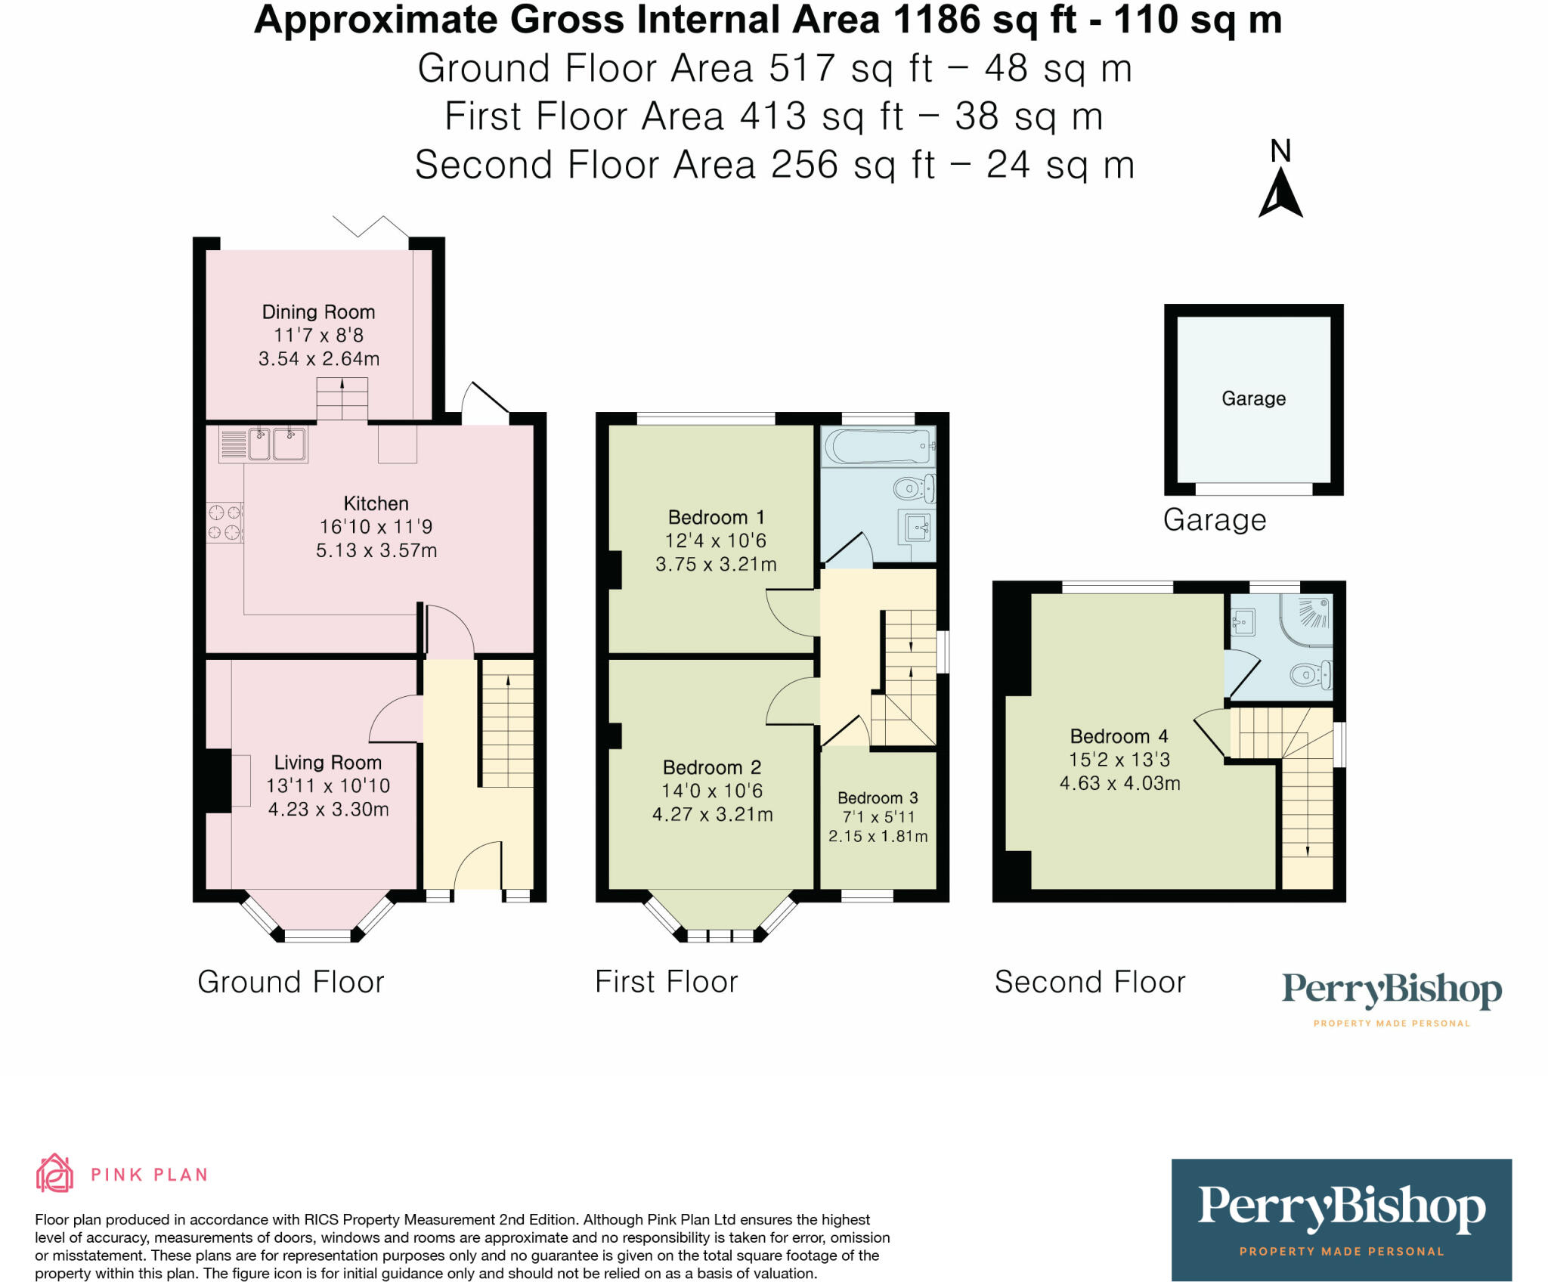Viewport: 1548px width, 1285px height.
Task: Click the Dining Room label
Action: pyautogui.click(x=318, y=312)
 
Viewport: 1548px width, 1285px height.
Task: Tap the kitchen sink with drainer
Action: pyautogui.click(x=262, y=444)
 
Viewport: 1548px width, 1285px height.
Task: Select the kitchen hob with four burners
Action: pyautogui.click(x=224, y=522)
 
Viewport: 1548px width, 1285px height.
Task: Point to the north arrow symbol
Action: pyautogui.click(x=1280, y=193)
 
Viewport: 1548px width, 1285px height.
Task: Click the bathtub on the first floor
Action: pyautogui.click(x=879, y=447)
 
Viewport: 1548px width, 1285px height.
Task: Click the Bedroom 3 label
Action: pyautogui.click(x=878, y=798)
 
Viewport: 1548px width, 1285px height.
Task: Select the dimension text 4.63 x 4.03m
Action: pyautogui.click(x=1119, y=783)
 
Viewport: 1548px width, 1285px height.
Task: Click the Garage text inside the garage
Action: pyautogui.click(x=1253, y=398)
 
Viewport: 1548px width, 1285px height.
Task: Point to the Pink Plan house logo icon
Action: pyautogui.click(x=54, y=1173)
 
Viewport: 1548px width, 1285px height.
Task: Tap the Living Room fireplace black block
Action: pyautogui.click(x=218, y=781)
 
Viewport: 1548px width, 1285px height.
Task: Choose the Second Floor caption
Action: pyautogui.click(x=1090, y=982)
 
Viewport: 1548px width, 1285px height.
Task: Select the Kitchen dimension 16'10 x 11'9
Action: pyautogui.click(x=376, y=527)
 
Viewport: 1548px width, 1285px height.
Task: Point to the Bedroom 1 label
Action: pyautogui.click(x=716, y=518)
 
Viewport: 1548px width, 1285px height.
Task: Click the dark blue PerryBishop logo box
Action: pyautogui.click(x=1341, y=1218)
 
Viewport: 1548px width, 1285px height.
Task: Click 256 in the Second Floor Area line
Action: pyautogui.click(x=804, y=165)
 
